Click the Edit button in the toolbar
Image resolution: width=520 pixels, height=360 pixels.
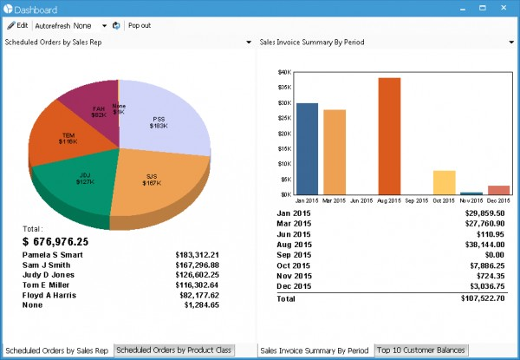[x=17, y=25]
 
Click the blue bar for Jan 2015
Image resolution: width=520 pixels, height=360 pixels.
[x=308, y=148]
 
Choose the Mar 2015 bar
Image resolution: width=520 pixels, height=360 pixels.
[x=335, y=152]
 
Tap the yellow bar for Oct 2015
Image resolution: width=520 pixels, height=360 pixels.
[x=444, y=182]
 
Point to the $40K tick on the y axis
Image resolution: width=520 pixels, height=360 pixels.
[x=284, y=72]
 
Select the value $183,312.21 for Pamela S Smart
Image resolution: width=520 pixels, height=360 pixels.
[x=197, y=256]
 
